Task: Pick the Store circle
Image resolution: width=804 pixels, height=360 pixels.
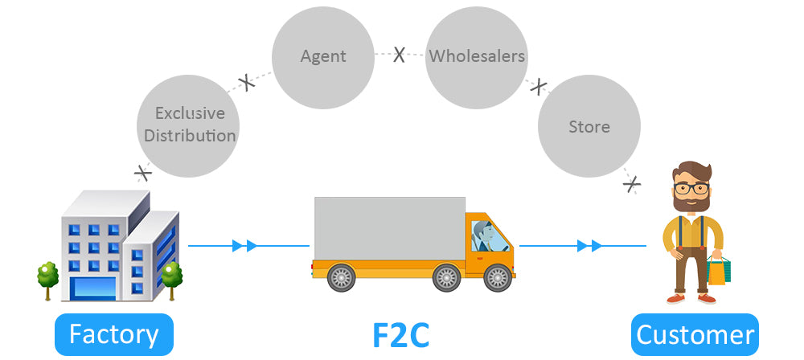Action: pyautogui.click(x=589, y=127)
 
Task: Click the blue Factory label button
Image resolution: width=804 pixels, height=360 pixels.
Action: pyautogui.click(x=114, y=334)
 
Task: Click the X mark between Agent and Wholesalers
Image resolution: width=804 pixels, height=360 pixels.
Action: pyautogui.click(x=399, y=55)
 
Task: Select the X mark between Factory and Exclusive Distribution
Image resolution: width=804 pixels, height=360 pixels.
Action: pyautogui.click(x=143, y=172)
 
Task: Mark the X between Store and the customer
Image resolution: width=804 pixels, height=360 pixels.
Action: pyautogui.click(x=633, y=184)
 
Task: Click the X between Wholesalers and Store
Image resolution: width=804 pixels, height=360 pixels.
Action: pyautogui.click(x=539, y=86)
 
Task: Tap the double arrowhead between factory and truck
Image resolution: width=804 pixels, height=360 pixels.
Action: pyautogui.click(x=244, y=245)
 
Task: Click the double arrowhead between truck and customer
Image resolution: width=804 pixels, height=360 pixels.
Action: pyautogui.click(x=589, y=245)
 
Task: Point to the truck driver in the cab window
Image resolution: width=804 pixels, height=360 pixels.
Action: pyautogui.click(x=483, y=236)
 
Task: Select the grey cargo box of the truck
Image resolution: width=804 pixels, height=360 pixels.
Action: pyautogui.click(x=389, y=228)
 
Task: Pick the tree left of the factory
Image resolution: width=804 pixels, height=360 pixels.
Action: pyautogui.click(x=47, y=275)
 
